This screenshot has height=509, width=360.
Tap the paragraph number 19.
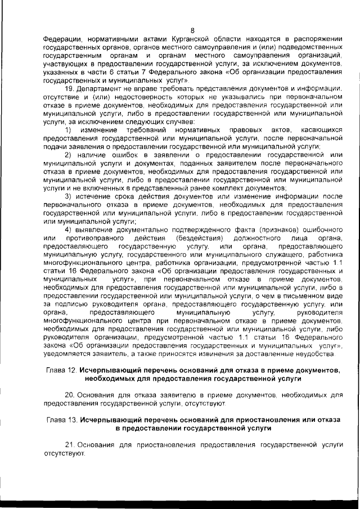pos(69,89)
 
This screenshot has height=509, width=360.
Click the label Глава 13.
pos(61,420)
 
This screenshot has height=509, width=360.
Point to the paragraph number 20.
pos(70,395)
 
